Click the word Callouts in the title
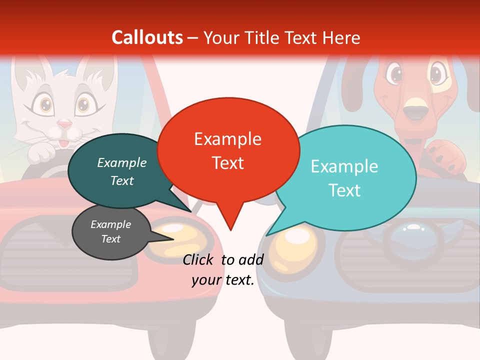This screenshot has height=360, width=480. coord(147,37)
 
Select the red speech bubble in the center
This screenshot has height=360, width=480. coord(228,150)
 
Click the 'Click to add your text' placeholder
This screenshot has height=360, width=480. coord(223,269)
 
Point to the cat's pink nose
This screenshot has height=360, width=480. coord(64,123)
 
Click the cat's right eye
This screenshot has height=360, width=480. coord(82,105)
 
